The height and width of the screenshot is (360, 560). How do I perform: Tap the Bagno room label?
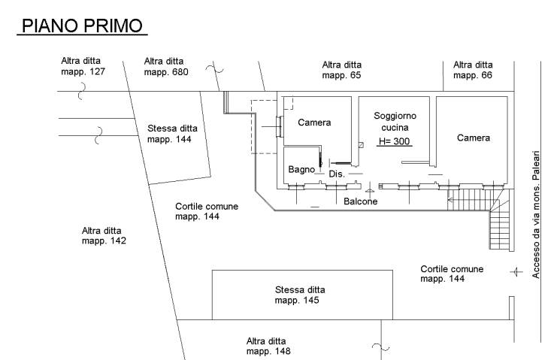301,170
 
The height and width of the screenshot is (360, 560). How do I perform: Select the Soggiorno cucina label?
395,122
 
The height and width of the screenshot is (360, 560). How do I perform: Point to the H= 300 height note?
395,141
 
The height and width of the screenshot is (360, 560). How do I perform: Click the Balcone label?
361,201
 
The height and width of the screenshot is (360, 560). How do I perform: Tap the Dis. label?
337,174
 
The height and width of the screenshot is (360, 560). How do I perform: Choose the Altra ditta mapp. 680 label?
166,67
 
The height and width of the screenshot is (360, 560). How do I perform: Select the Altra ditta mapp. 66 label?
473,70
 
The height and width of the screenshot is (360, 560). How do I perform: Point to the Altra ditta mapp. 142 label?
104,236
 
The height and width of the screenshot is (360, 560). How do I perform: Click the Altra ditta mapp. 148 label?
267,346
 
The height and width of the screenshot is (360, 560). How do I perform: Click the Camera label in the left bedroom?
314,123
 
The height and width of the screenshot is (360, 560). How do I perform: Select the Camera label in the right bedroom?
474,138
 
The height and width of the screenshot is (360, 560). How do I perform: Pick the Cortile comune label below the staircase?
452,274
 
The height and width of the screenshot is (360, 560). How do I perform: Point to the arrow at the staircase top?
451,201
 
